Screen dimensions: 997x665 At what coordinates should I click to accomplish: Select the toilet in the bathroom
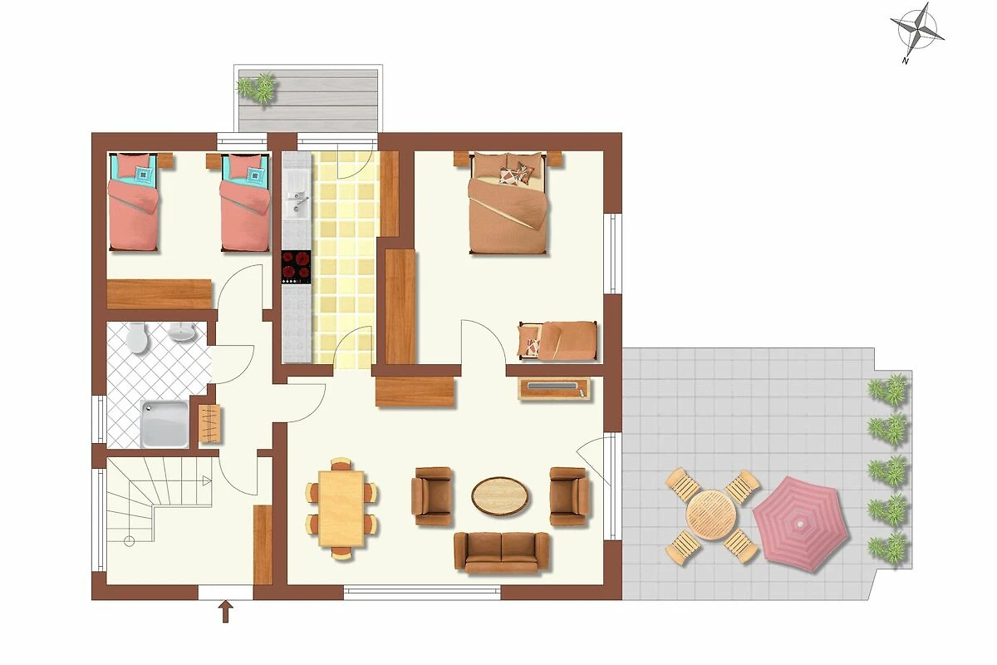click(x=136, y=337)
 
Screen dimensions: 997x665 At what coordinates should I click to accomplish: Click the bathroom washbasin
click(x=182, y=332)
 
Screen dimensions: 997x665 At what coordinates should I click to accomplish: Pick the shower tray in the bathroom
click(x=165, y=424)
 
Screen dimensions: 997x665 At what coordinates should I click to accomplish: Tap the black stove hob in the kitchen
click(x=296, y=267)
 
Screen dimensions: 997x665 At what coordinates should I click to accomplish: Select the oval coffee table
click(x=501, y=496)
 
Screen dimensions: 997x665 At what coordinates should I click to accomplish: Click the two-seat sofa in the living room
click(x=502, y=552)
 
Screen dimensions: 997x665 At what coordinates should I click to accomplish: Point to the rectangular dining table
click(x=341, y=508)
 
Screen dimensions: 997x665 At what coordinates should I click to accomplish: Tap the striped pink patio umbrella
click(x=801, y=524)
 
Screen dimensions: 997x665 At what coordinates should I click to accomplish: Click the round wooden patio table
click(x=711, y=515)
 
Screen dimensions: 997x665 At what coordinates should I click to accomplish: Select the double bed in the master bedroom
click(x=508, y=203)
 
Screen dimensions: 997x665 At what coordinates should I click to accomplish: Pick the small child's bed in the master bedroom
click(x=557, y=341)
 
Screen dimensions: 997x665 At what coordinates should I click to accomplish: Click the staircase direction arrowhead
click(x=207, y=480)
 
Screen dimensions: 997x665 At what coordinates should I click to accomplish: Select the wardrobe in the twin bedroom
click(x=160, y=294)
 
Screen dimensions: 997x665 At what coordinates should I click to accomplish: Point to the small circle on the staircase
click(x=129, y=541)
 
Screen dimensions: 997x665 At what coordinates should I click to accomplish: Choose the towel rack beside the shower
click(x=209, y=423)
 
